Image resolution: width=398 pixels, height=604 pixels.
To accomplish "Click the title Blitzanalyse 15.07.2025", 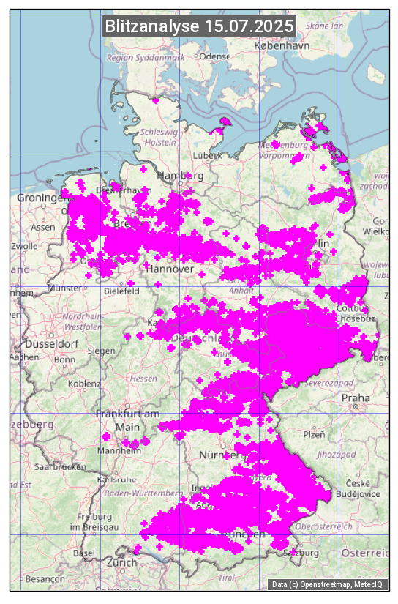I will point(199,26).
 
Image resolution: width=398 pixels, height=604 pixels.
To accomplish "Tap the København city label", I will point(282,45).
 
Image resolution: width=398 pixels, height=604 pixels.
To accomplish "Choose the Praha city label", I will point(356,398).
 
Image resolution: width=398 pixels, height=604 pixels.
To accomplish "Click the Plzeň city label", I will point(314,434).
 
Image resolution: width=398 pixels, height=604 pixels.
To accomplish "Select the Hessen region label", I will point(143,379).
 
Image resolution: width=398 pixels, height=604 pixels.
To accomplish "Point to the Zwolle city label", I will point(24,246).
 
